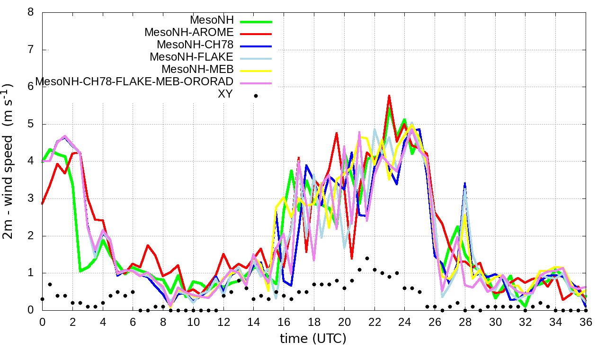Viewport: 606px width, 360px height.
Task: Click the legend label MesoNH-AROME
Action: [x=189, y=33]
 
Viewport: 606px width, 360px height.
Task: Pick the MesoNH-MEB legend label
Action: [x=201, y=70]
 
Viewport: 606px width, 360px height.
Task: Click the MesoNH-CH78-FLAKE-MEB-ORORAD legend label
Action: [x=134, y=82]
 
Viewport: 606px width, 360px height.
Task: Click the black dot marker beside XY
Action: [x=256, y=96]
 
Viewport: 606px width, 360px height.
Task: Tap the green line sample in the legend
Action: [x=256, y=22]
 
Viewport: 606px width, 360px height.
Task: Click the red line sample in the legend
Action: [x=256, y=34]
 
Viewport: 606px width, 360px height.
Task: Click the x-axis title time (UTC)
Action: [x=313, y=339]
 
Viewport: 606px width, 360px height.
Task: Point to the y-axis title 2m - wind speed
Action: [x=9, y=161]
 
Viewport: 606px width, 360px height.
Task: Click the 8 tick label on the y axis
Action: [x=31, y=12]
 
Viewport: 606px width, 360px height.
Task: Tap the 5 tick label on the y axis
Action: [x=31, y=124]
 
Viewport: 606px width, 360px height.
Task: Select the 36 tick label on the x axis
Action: [x=586, y=321]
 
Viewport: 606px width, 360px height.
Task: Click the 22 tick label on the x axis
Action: [x=374, y=321]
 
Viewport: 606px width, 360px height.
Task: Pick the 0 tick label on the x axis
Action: [x=42, y=321]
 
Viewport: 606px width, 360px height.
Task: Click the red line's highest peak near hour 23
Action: [x=389, y=95]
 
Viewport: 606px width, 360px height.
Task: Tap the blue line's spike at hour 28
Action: [x=465, y=183]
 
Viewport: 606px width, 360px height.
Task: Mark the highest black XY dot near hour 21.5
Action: [x=367, y=259]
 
